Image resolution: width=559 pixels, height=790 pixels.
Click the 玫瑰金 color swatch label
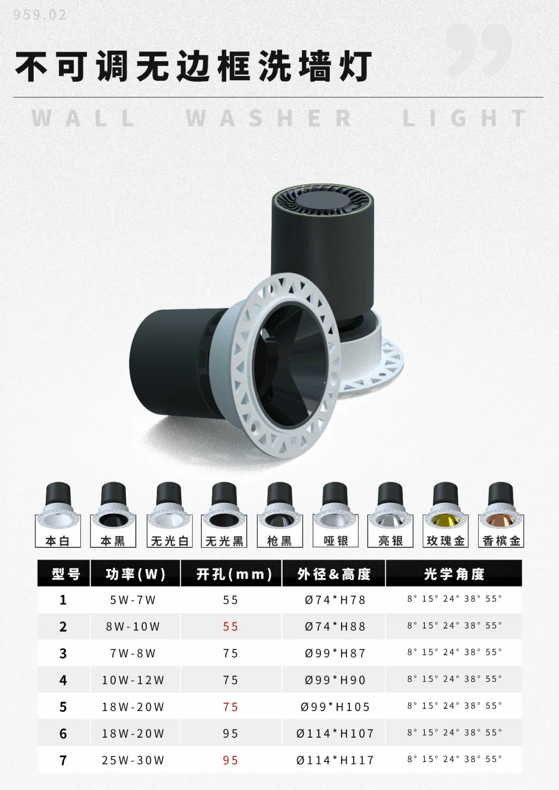pyautogui.click(x=445, y=541)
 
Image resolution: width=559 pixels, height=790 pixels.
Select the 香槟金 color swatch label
pyautogui.click(x=501, y=541)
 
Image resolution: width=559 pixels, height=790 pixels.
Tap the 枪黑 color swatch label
pyautogui.click(x=279, y=541)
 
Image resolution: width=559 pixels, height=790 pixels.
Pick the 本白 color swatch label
pyautogui.click(x=57, y=541)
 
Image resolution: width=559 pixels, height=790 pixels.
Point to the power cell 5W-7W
pyautogui.click(x=133, y=600)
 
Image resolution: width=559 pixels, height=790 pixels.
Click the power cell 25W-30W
pyautogui.click(x=133, y=761)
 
